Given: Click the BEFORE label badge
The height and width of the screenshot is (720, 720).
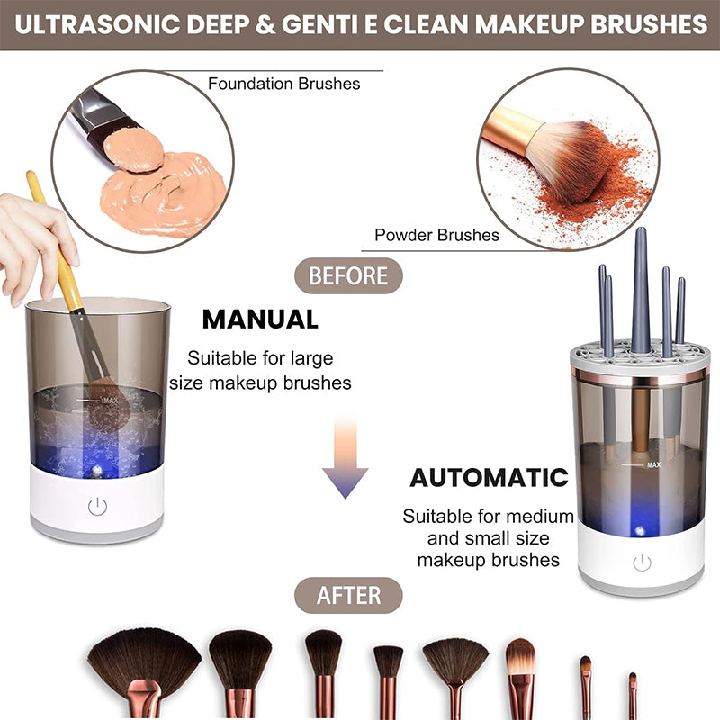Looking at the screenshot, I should tap(348, 275).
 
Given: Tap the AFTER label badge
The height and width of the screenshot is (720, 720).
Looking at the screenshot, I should tap(348, 595).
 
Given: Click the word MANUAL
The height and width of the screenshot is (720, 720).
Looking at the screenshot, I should tap(260, 319).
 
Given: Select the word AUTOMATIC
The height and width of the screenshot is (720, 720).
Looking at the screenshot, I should tap(490, 477).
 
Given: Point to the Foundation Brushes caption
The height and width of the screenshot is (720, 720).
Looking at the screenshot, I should tap(283, 84).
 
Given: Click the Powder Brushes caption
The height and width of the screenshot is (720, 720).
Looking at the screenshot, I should tap(436, 235).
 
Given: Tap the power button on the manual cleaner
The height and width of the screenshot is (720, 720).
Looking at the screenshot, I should tap(97, 507).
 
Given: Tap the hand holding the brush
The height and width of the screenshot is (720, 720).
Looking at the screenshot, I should tap(31, 238).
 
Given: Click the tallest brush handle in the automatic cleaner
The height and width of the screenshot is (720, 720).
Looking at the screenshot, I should tap(641, 288).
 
